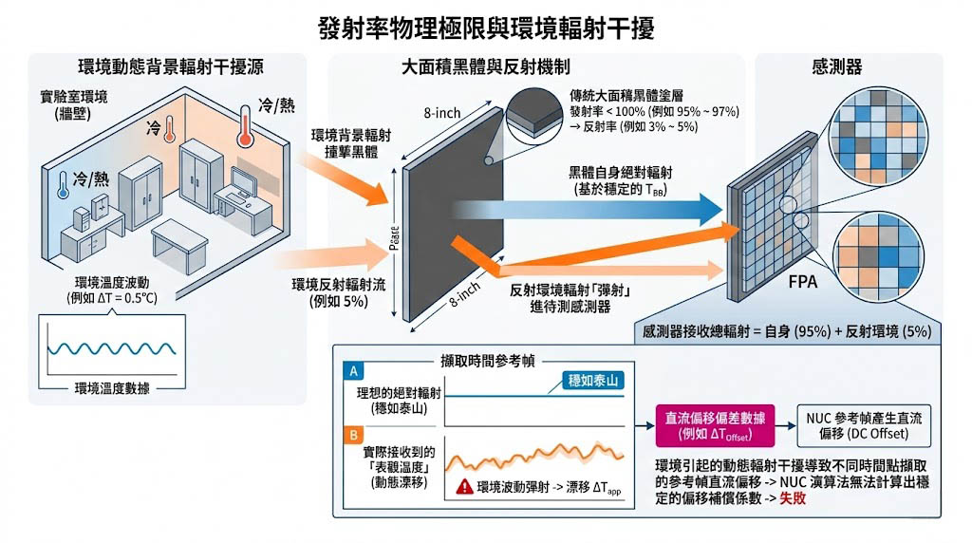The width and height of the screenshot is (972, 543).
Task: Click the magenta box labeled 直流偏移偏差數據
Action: [x=711, y=426]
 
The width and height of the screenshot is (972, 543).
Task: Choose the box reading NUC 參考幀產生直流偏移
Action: [x=858, y=426]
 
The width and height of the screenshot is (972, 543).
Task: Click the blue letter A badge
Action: [x=353, y=371]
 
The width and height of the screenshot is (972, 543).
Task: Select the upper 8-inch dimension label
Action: [x=441, y=113]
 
